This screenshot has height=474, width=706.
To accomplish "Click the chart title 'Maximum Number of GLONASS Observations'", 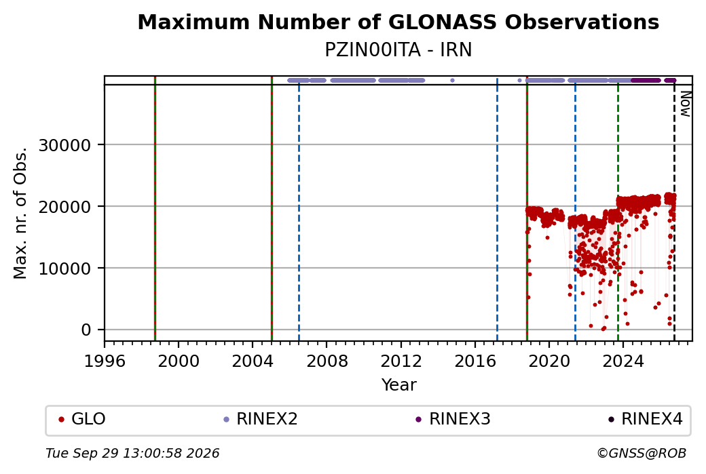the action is [398, 22].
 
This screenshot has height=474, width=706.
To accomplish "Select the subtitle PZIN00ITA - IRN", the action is [398, 50].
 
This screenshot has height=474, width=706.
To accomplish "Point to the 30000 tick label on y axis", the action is [65, 145].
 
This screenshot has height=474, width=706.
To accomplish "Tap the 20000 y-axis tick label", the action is [65, 207].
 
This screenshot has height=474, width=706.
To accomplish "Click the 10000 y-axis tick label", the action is [65, 269].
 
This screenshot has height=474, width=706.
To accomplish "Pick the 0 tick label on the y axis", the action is [86, 330].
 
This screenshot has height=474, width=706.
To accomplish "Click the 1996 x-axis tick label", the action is [105, 361].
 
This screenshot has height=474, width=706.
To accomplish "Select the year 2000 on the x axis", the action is [179, 361].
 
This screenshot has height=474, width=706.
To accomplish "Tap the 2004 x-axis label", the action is [253, 361].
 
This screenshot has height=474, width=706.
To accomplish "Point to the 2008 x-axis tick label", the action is [327, 361].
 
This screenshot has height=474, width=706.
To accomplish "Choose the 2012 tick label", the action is [401, 361].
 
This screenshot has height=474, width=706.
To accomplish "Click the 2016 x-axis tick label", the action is [475, 361].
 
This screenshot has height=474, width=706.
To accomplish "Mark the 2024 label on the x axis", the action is [623, 361].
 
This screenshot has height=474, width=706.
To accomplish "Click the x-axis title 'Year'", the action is [398, 385].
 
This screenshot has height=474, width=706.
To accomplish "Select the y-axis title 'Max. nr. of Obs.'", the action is [20, 213].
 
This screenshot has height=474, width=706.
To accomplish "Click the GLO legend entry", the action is [82, 419].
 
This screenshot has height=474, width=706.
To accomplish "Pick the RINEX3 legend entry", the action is [453, 419].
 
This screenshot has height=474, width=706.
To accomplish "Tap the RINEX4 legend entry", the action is [646, 419].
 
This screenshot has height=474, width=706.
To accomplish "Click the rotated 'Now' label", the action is [685, 104].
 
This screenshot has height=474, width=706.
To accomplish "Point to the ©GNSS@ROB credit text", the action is [642, 453].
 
